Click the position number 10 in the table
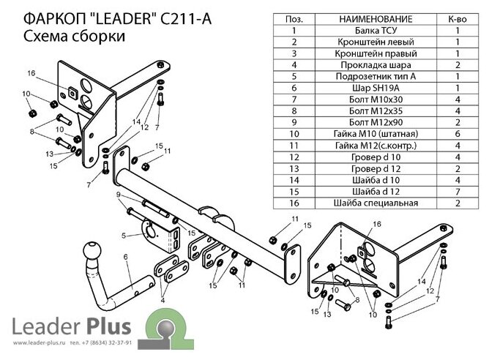click(x=293, y=132)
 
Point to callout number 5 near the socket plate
click(x=124, y=235)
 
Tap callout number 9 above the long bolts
click(x=118, y=194)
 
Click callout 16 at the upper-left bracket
click(x=31, y=72)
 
